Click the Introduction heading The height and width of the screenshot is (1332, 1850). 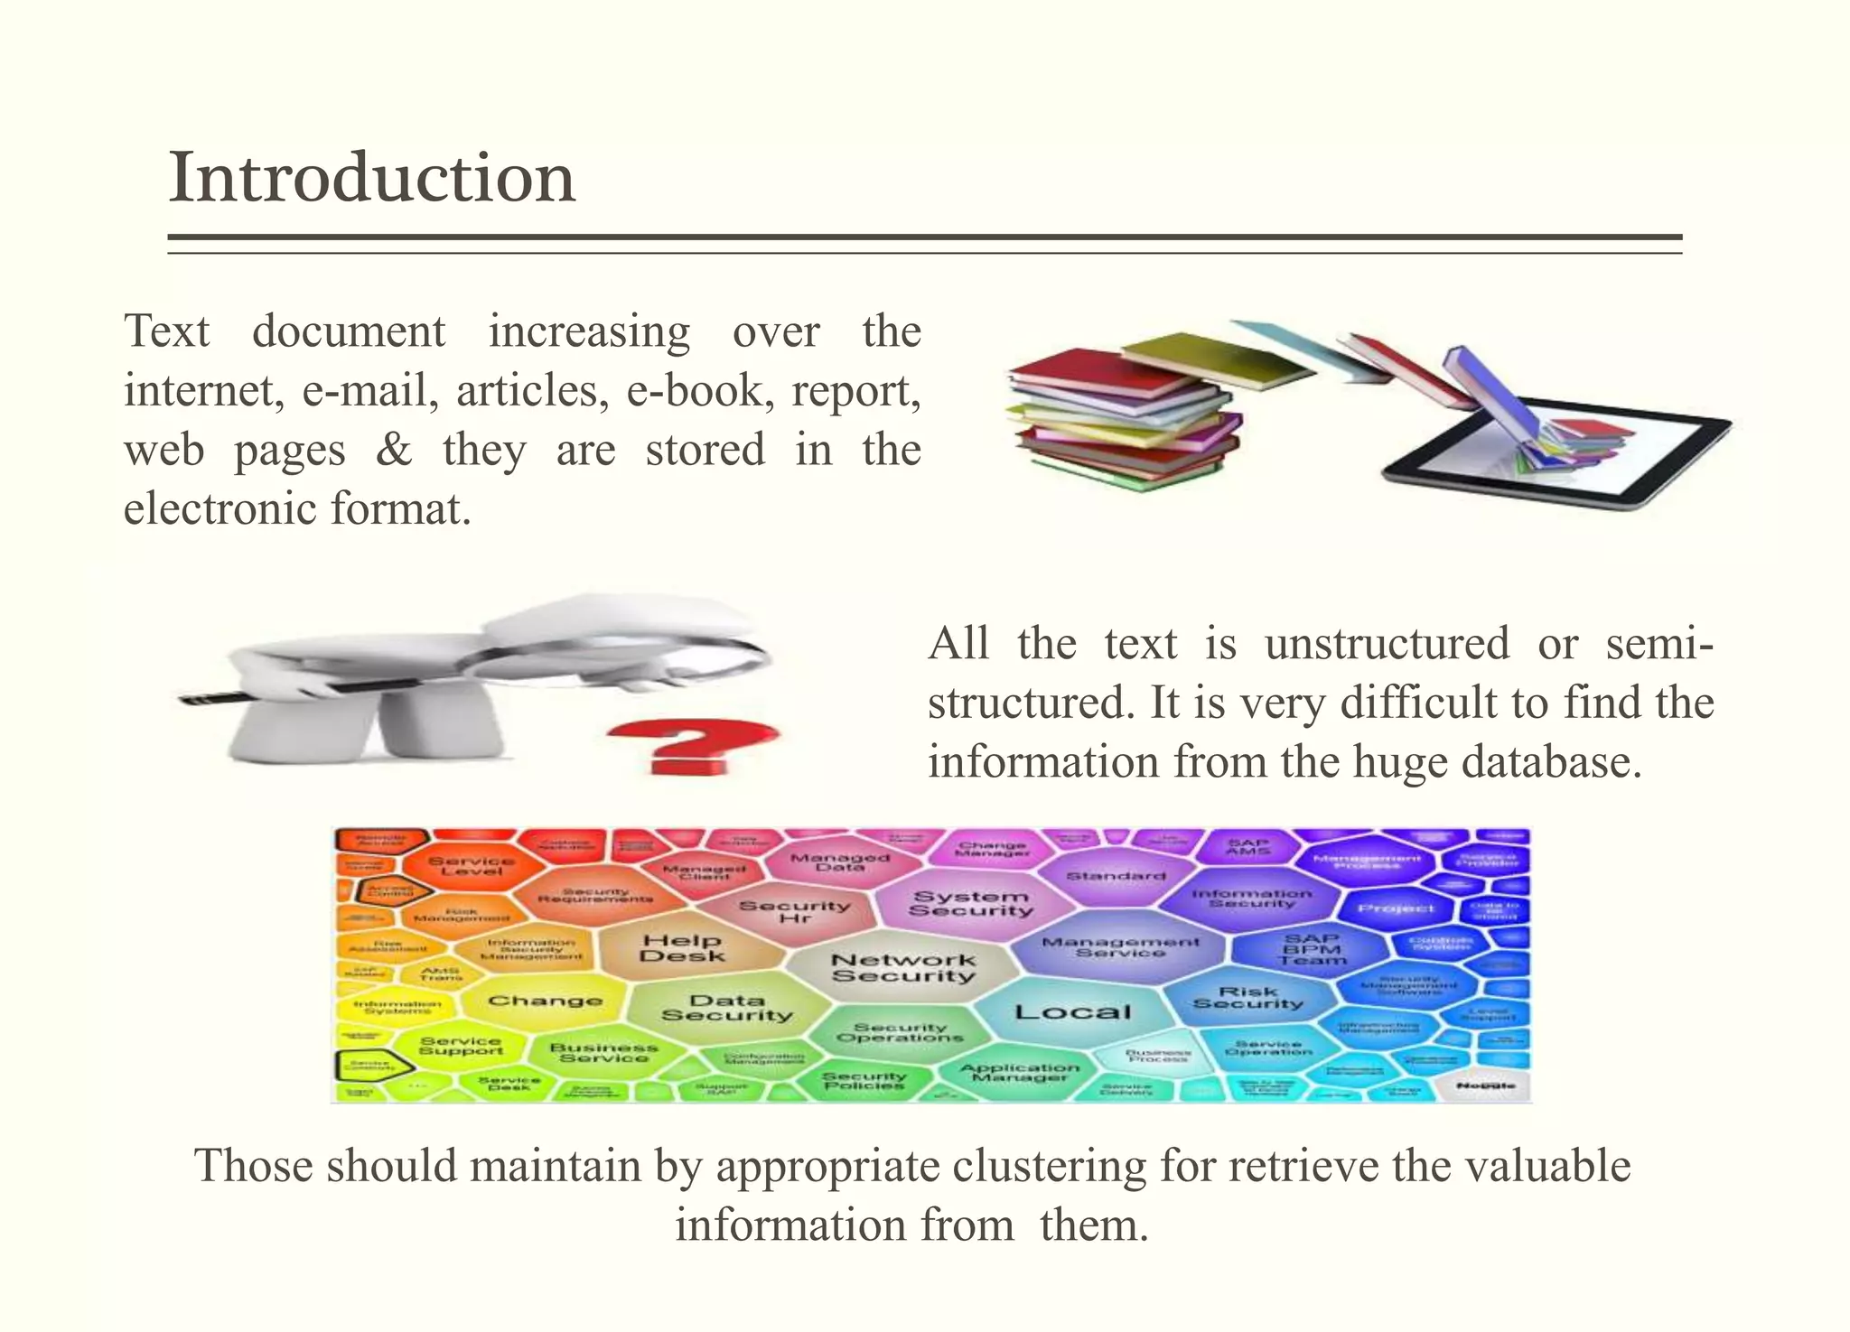pos(372,178)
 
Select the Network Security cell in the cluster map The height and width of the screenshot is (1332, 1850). pos(903,968)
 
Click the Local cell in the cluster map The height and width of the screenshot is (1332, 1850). pos(1072,1012)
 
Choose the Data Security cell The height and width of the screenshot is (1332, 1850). pos(727,1008)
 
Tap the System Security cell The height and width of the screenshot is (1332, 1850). pos(970,903)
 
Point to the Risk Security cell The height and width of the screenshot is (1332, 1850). pos(1247,997)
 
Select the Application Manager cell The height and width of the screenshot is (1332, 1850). pos(1019,1072)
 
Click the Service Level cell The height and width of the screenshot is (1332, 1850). pos(471,865)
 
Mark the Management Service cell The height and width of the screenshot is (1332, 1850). pos(1120,947)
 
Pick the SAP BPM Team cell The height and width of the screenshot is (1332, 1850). pos(1311,949)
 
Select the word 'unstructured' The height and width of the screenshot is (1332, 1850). pos(1387,644)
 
